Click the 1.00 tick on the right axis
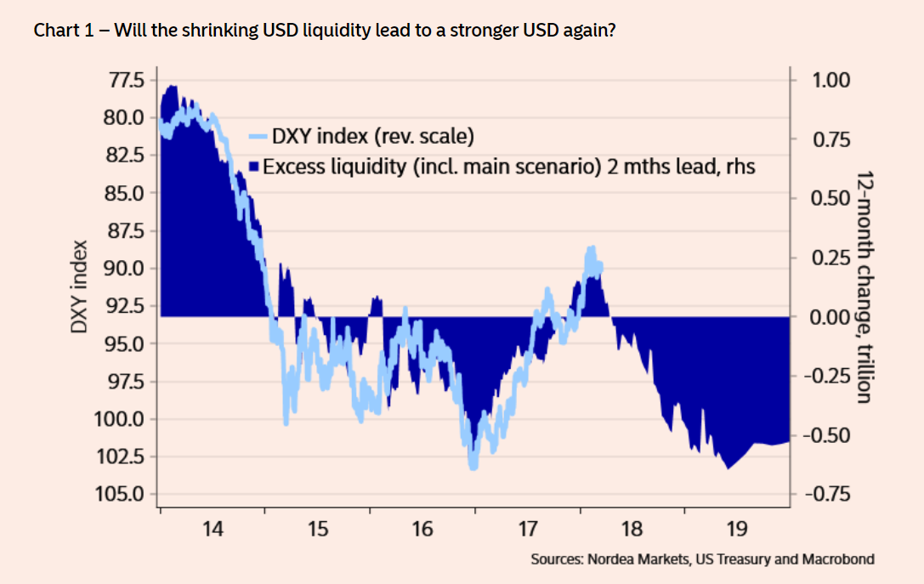(x=830, y=81)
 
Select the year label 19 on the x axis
(x=737, y=530)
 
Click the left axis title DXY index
(x=78, y=287)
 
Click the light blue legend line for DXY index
(x=258, y=136)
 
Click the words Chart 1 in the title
(x=60, y=31)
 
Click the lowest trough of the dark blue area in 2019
(x=728, y=468)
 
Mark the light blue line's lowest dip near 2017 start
(x=473, y=466)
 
